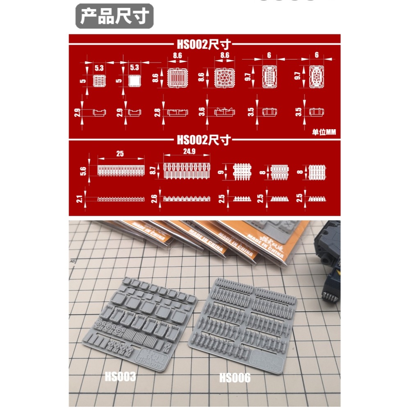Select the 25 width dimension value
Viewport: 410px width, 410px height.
point(120,154)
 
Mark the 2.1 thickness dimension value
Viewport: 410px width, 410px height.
point(80,199)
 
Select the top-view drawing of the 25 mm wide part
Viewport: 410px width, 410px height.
point(121,170)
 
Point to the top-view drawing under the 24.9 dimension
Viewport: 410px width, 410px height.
point(187,170)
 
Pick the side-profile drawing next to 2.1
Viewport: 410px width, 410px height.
point(121,199)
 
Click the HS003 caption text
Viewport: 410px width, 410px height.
point(120,377)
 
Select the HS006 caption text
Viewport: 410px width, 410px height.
point(235,378)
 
